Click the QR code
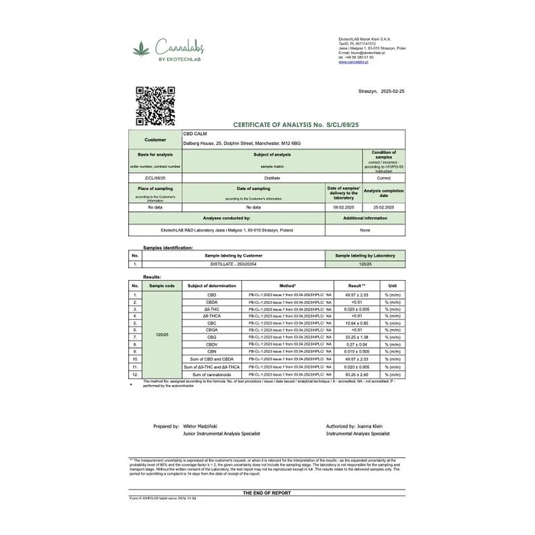click(x=155, y=106)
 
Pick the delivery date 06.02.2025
click(x=344, y=207)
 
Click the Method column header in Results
click(x=288, y=286)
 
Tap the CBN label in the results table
click(x=212, y=351)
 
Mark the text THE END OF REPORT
click(x=267, y=492)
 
